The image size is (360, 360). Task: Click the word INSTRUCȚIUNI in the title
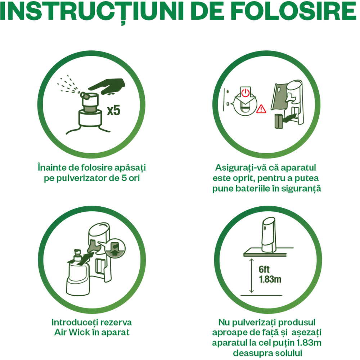click(x=92, y=11)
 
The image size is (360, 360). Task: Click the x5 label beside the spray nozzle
click(x=114, y=111)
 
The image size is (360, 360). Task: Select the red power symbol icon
click(x=246, y=93)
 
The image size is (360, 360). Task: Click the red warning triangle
click(x=261, y=109)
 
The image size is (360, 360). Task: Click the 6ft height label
click(x=264, y=269)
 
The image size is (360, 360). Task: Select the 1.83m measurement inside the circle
click(x=270, y=279)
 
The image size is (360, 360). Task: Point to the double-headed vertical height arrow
click(x=252, y=275)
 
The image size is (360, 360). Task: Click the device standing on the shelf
click(x=269, y=234)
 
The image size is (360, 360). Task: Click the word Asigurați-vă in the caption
click(x=238, y=168)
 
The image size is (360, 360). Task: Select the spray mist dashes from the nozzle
click(x=68, y=84)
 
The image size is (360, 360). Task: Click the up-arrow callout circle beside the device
click(x=116, y=248)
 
